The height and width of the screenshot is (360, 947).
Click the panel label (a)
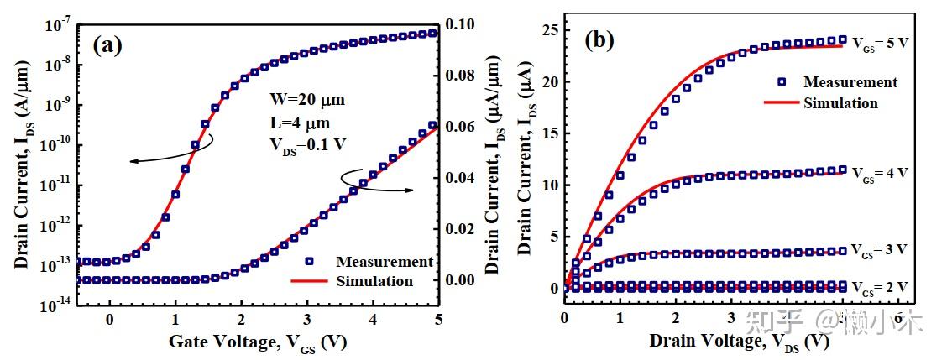pos(107,44)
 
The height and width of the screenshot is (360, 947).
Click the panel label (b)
pos(599,40)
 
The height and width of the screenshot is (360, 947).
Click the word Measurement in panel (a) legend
pos(385,262)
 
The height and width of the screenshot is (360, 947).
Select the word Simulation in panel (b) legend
pos(840,103)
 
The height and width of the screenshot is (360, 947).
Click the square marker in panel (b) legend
pos(782,82)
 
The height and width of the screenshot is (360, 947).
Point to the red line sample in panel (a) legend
pos(308,281)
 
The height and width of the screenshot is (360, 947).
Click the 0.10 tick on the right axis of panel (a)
pos(463,24)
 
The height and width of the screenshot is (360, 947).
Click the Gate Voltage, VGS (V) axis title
pos(258,342)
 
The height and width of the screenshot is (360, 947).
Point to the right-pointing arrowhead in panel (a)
pos(413,190)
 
